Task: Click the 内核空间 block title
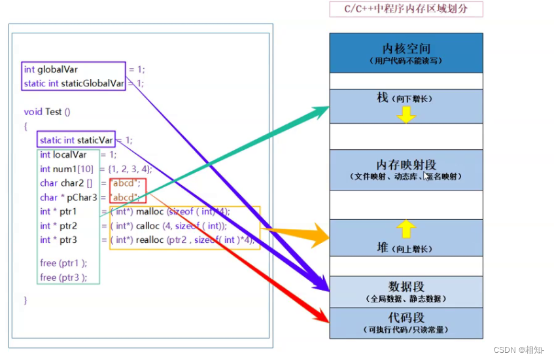pyautogui.click(x=406, y=49)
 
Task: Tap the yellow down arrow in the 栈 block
pyautogui.click(x=406, y=115)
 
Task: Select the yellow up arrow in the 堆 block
pyautogui.click(x=406, y=228)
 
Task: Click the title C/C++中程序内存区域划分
pyautogui.click(x=406, y=9)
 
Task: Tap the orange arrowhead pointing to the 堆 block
pyautogui.click(x=320, y=235)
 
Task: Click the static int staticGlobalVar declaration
pyautogui.click(x=73, y=83)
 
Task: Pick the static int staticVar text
pyautogui.click(x=76, y=140)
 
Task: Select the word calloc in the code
pyautogui.click(x=150, y=226)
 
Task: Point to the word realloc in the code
pyautogui.click(x=151, y=240)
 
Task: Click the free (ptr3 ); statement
pyautogui.click(x=63, y=277)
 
